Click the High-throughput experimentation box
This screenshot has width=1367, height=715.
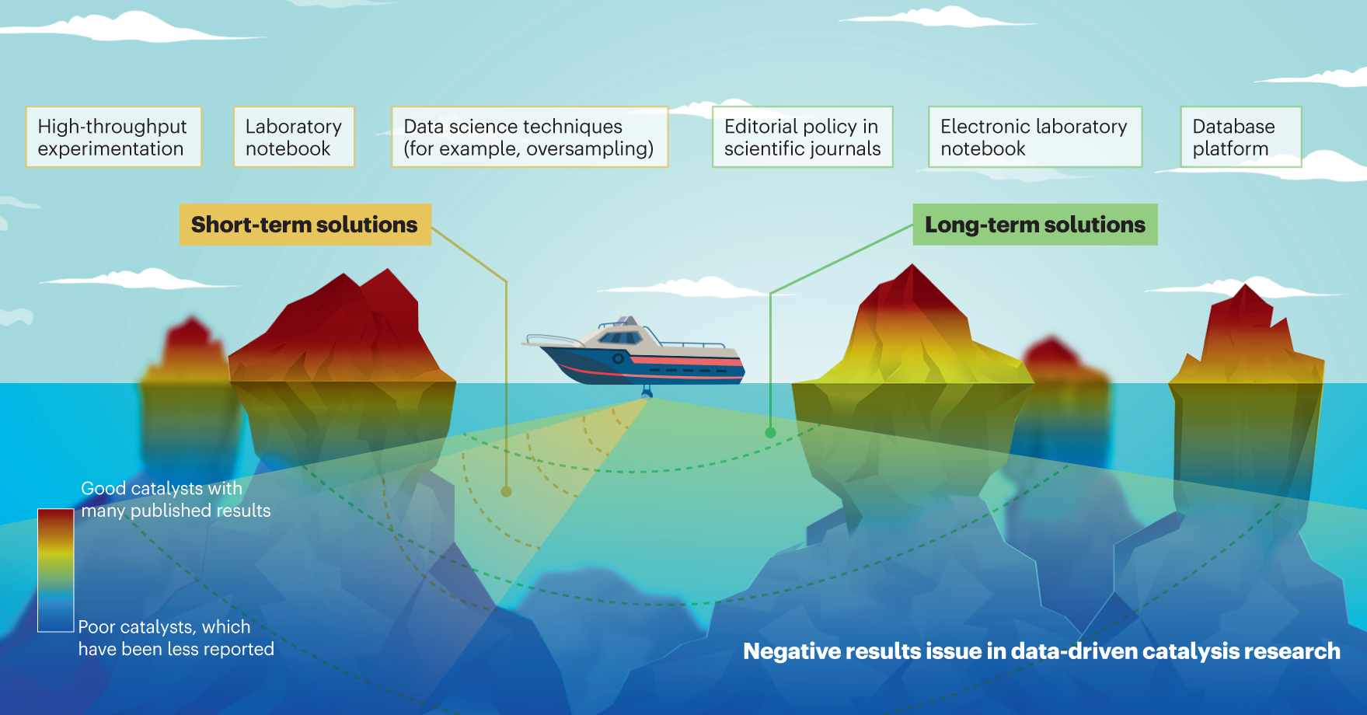click(113, 137)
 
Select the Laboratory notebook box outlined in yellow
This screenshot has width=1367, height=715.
click(294, 137)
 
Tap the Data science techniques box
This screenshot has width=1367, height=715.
click(529, 137)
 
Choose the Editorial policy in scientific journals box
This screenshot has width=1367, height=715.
click(802, 137)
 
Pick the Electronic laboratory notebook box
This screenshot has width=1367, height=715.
click(1034, 137)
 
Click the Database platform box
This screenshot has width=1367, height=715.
click(1240, 137)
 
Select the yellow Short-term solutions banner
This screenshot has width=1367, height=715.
click(305, 225)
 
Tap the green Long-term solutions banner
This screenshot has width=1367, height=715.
click(1034, 225)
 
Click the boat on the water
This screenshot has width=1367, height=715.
click(637, 354)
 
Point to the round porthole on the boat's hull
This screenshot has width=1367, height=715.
click(618, 358)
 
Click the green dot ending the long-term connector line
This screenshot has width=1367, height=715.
click(770, 433)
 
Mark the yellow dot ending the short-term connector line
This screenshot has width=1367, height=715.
click(506, 491)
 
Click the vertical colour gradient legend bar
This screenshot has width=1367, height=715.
click(56, 570)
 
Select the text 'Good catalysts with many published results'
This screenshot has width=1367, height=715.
click(176, 500)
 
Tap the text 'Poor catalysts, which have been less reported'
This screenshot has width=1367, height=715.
click(176, 638)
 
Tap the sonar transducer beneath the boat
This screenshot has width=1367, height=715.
click(647, 392)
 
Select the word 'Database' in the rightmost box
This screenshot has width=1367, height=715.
click(1233, 126)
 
